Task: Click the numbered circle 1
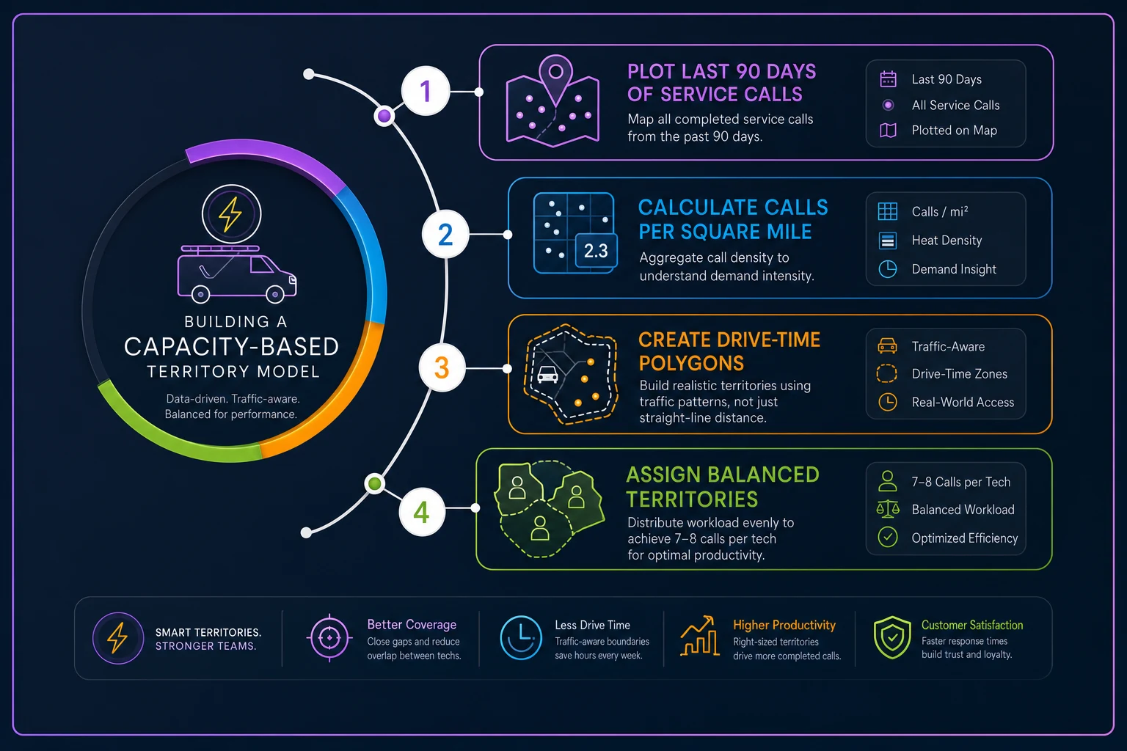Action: click(x=425, y=91)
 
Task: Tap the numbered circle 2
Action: click(x=445, y=235)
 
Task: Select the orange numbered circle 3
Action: click(x=442, y=367)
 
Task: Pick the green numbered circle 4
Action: click(x=422, y=512)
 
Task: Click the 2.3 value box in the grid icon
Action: click(x=597, y=251)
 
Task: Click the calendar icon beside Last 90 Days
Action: click(x=888, y=79)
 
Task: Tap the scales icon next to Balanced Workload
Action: click(x=888, y=509)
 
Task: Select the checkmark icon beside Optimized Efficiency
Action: click(x=888, y=538)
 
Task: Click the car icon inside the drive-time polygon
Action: click(x=547, y=374)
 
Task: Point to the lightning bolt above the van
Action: click(x=230, y=213)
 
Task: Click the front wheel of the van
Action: click(x=275, y=294)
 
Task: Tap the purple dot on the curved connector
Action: click(x=384, y=116)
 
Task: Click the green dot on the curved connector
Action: click(x=375, y=483)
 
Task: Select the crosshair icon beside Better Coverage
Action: click(x=329, y=638)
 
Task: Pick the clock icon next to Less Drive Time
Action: click(x=521, y=638)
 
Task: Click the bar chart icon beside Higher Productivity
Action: click(x=700, y=636)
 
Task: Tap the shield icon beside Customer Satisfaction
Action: click(x=892, y=637)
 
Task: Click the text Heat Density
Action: click(x=947, y=241)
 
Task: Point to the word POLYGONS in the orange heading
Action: click(x=691, y=363)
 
